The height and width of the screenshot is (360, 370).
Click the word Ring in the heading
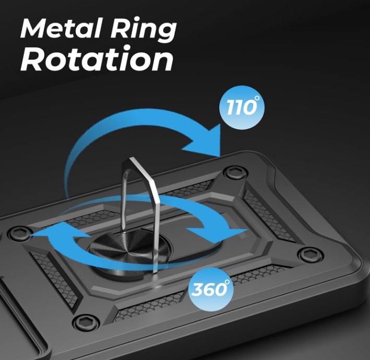coord(144,30)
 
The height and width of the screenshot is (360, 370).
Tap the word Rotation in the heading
coord(97,58)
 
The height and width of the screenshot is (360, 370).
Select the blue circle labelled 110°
coord(242,107)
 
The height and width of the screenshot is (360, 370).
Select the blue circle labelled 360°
coord(211,290)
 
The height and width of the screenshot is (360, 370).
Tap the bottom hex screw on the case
coord(85,322)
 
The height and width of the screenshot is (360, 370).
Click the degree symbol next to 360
coord(227,282)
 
